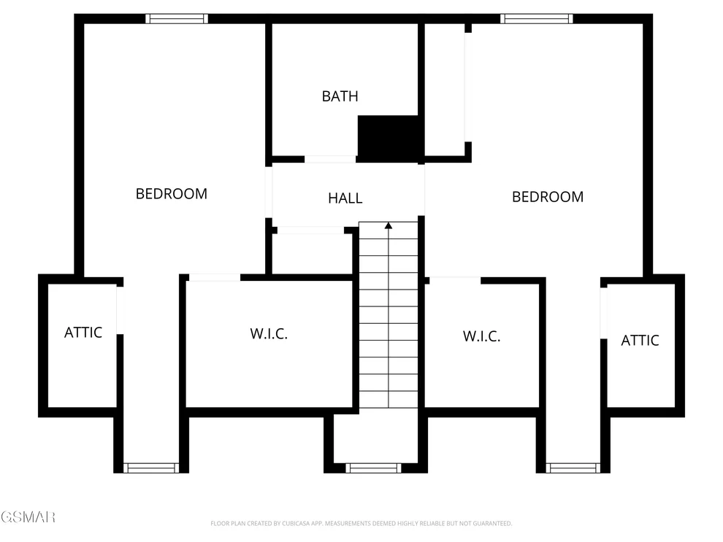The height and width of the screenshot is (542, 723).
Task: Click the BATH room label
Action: pyautogui.click(x=340, y=96)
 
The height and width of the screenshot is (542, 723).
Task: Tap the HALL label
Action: pyautogui.click(x=345, y=198)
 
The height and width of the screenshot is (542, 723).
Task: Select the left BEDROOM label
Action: pyautogui.click(x=172, y=194)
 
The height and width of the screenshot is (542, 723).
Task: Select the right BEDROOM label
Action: pyautogui.click(x=548, y=197)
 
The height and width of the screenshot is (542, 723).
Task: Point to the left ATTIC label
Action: pyautogui.click(x=83, y=333)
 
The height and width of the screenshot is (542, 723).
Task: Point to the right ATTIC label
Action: pyautogui.click(x=640, y=341)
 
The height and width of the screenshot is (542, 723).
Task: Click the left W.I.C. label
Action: pyautogui.click(x=269, y=334)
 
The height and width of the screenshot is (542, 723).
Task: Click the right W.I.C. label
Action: pyautogui.click(x=481, y=336)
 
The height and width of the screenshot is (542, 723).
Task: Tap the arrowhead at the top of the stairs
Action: pyautogui.click(x=389, y=225)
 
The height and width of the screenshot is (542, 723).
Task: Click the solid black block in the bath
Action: pyautogui.click(x=391, y=139)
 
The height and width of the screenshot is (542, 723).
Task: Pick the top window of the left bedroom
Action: pyautogui.click(x=177, y=19)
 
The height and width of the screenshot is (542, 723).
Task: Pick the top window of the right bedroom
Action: pyautogui.click(x=536, y=19)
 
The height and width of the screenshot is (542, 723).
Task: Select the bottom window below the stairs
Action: pyautogui.click(x=373, y=468)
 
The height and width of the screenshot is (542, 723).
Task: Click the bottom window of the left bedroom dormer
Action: pyautogui.click(x=150, y=468)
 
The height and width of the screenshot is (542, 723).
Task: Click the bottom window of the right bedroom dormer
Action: pyautogui.click(x=573, y=468)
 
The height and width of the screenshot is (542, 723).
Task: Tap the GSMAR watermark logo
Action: pyautogui.click(x=28, y=517)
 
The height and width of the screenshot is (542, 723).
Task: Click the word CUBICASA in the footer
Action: pyautogui.click(x=296, y=524)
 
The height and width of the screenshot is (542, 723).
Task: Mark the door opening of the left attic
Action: pyautogui.click(x=120, y=310)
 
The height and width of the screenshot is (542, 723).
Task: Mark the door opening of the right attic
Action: pyautogui.click(x=603, y=313)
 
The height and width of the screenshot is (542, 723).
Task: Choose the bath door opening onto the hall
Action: pyautogui.click(x=329, y=159)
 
